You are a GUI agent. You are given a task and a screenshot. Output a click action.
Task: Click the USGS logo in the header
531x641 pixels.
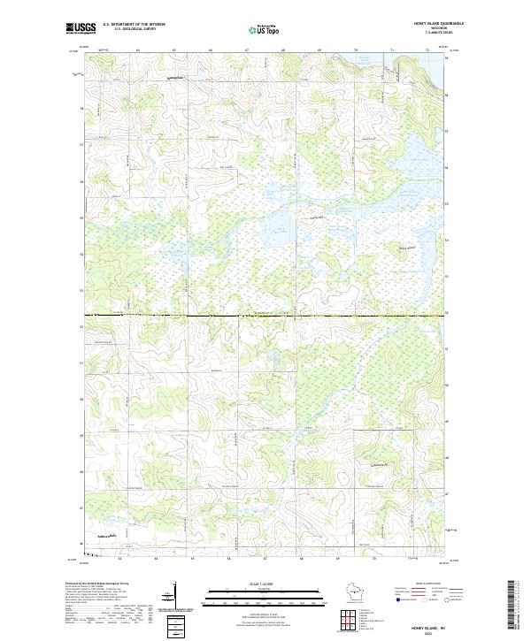[x=80, y=29]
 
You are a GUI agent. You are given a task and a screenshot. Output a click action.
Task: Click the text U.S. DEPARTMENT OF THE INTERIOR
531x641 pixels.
[x=134, y=26]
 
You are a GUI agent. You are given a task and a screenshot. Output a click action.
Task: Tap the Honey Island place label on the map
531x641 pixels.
[x=406, y=248]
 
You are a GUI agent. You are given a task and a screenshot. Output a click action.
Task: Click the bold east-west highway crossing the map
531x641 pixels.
[x=265, y=315]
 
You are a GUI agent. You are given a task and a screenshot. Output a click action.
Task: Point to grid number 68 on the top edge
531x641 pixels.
[x=283, y=51]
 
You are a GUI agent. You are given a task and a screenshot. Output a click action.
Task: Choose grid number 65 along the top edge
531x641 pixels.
[x=174, y=51]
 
